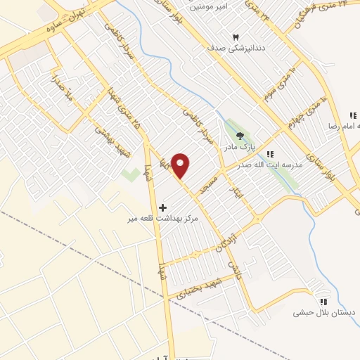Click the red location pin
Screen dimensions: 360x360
[x=181, y=165]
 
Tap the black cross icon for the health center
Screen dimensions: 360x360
[x=163, y=207]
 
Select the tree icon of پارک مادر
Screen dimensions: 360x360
[x=240, y=136]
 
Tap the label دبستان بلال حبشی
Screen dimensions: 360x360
[x=324, y=312]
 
